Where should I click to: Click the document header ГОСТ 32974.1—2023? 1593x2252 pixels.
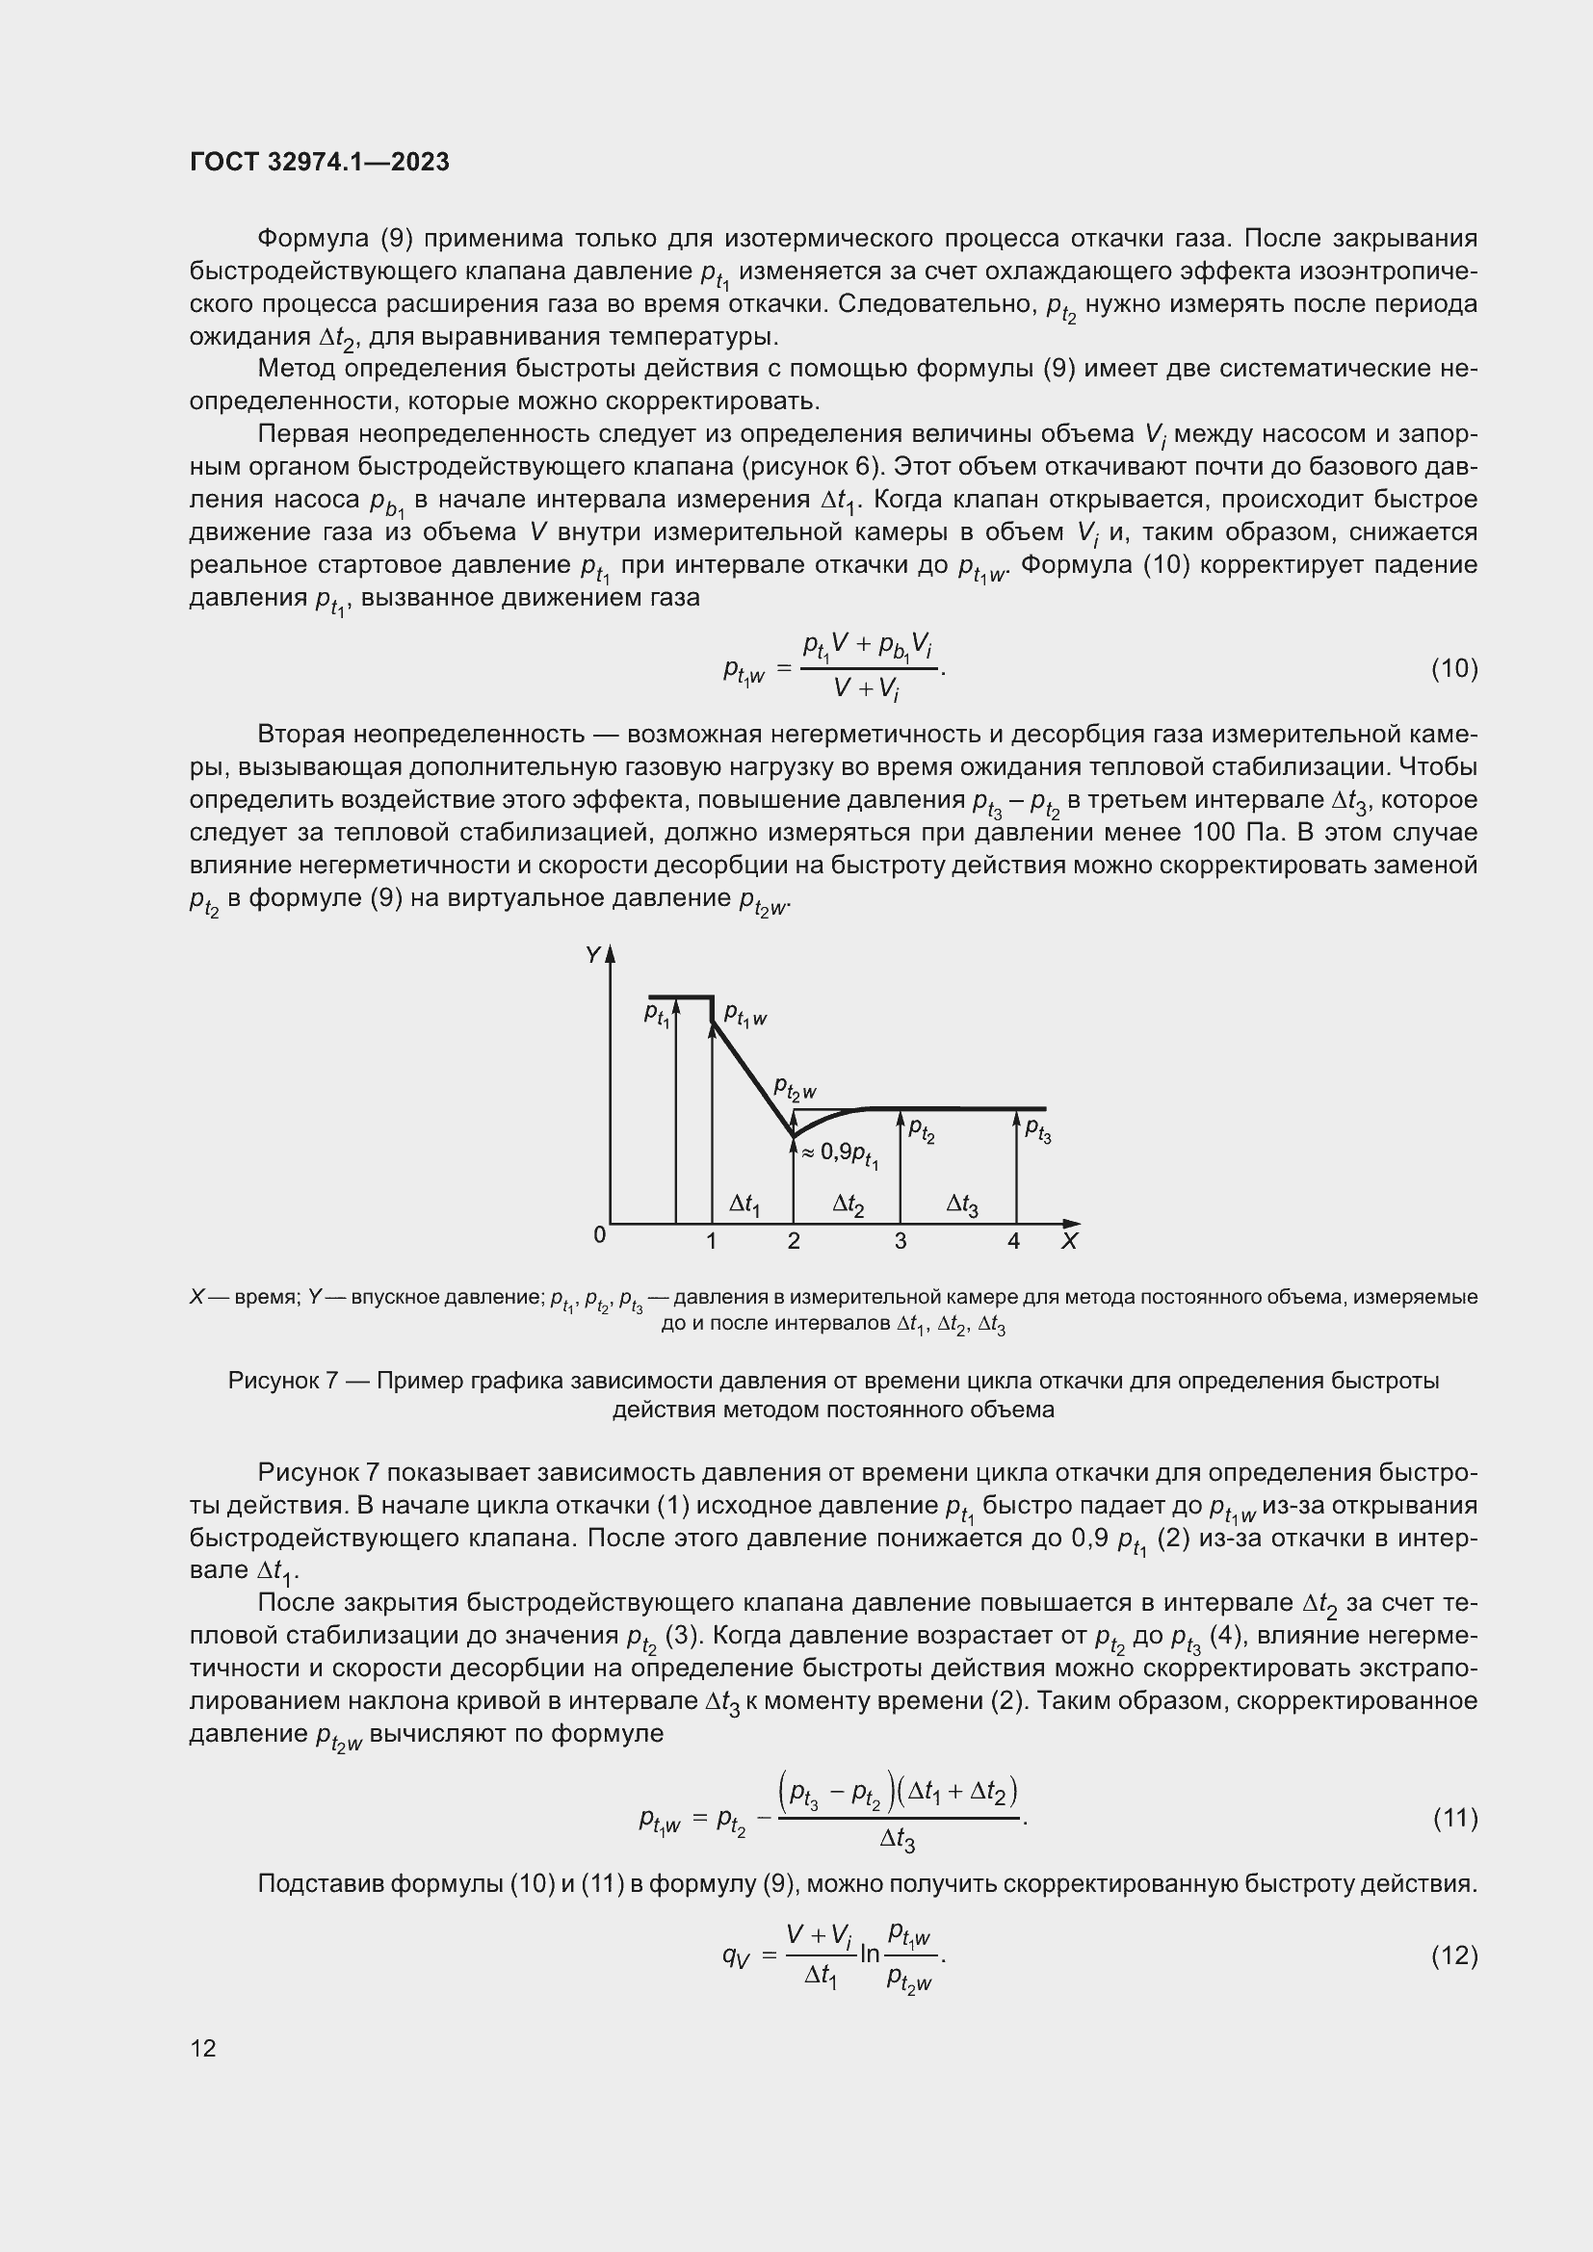[320, 162]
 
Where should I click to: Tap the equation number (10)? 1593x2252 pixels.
[1453, 669]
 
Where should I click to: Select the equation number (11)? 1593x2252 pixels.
[1453, 1819]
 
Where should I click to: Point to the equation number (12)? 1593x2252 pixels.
[1453, 1955]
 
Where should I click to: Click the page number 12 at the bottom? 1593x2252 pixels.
[203, 2048]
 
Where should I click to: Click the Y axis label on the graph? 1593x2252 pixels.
[592, 955]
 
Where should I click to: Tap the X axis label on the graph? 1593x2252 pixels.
[1069, 1242]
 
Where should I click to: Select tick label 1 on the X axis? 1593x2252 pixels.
[711, 1242]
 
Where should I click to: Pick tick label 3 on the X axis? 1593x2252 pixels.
[901, 1242]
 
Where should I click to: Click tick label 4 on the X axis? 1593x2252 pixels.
[1014, 1242]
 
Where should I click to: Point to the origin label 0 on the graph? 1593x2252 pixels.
[600, 1236]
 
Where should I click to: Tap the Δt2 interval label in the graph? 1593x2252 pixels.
[849, 1204]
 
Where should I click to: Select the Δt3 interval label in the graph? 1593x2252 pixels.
[961, 1204]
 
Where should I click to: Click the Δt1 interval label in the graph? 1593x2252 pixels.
[744, 1204]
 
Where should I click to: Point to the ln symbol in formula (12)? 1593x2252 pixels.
[869, 1954]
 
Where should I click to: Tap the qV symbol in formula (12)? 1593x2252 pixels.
[736, 1955]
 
